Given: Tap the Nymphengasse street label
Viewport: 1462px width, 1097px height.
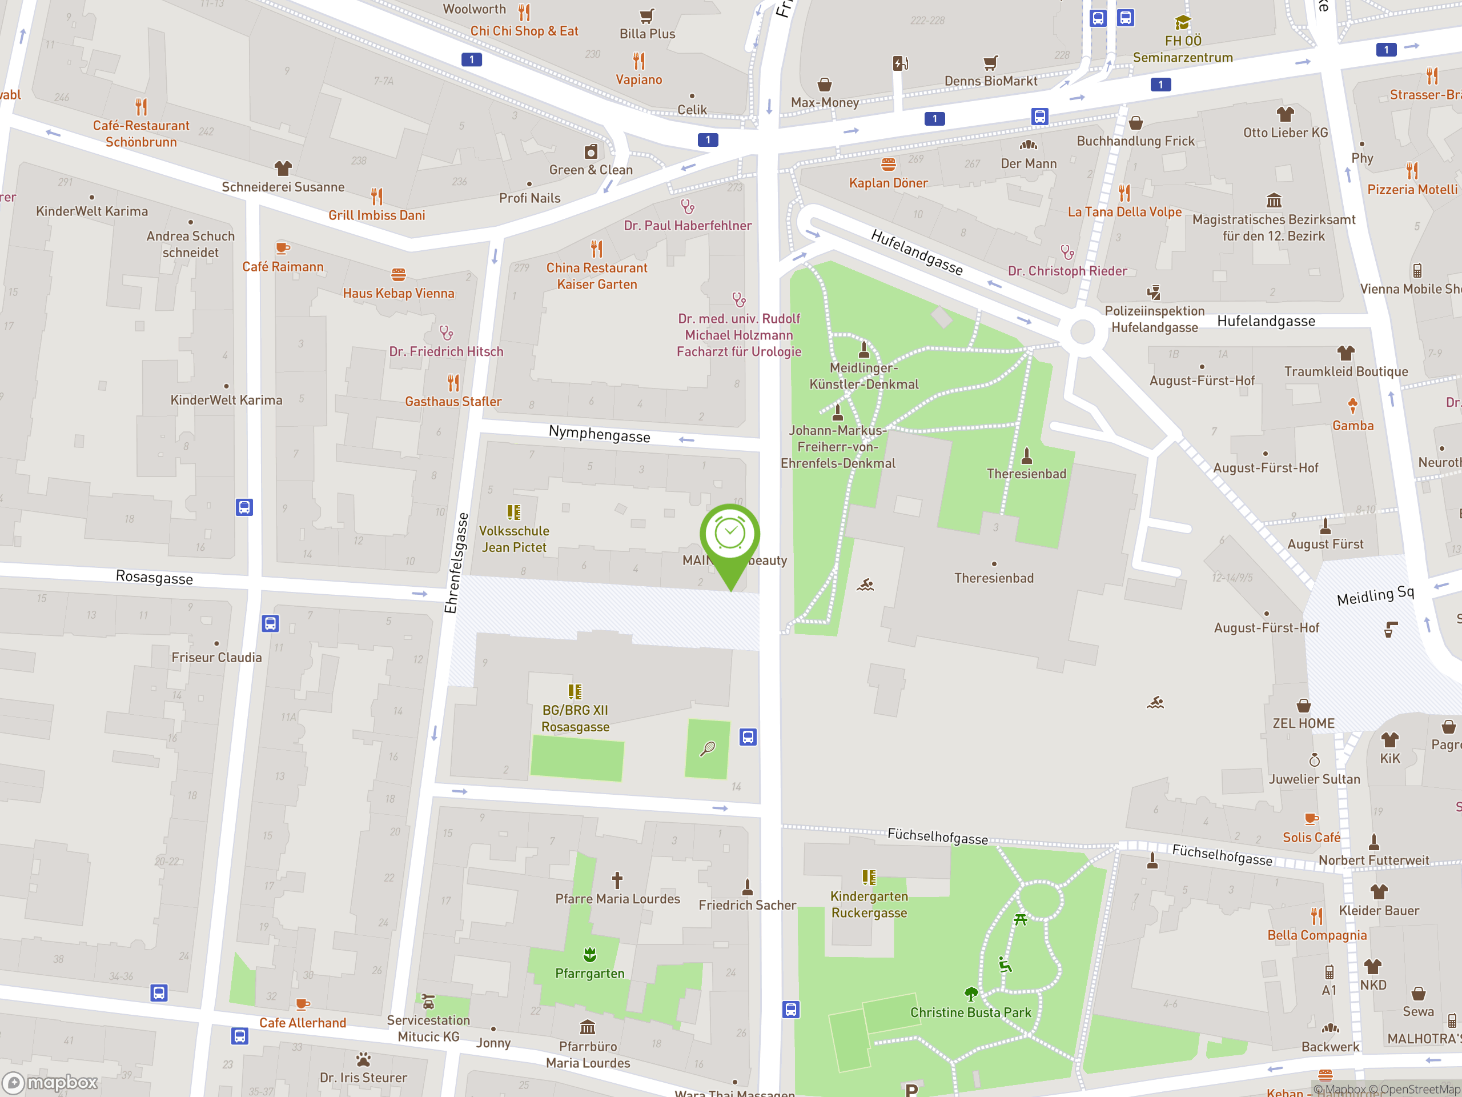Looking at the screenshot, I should click(x=599, y=434).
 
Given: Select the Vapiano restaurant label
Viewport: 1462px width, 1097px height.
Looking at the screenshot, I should click(x=638, y=79).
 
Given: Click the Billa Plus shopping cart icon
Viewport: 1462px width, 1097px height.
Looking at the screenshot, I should click(x=646, y=16).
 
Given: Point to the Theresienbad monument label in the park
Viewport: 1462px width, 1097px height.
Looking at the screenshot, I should click(x=1026, y=474).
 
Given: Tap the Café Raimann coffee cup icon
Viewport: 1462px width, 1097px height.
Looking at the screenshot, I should click(x=282, y=249).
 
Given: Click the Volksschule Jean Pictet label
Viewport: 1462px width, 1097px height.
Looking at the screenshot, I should click(x=513, y=539).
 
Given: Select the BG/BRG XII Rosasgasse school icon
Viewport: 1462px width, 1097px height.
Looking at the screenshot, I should click(x=575, y=692).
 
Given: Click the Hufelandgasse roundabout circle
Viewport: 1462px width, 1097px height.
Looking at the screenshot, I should click(x=1082, y=331).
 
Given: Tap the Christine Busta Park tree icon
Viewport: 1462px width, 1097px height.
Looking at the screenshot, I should click(x=970, y=994).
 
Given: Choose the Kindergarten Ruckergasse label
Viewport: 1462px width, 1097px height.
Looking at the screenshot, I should click(x=869, y=904).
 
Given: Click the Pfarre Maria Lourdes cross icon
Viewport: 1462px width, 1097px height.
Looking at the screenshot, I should click(x=617, y=880).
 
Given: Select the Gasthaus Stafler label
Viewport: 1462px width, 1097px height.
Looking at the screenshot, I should click(x=453, y=401).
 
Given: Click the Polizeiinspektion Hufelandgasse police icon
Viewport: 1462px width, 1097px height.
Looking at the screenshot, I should click(x=1154, y=293).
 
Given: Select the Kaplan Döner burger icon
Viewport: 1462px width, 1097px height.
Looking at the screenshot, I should click(x=888, y=164).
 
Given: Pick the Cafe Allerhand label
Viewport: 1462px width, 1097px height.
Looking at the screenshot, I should click(x=302, y=1023).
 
